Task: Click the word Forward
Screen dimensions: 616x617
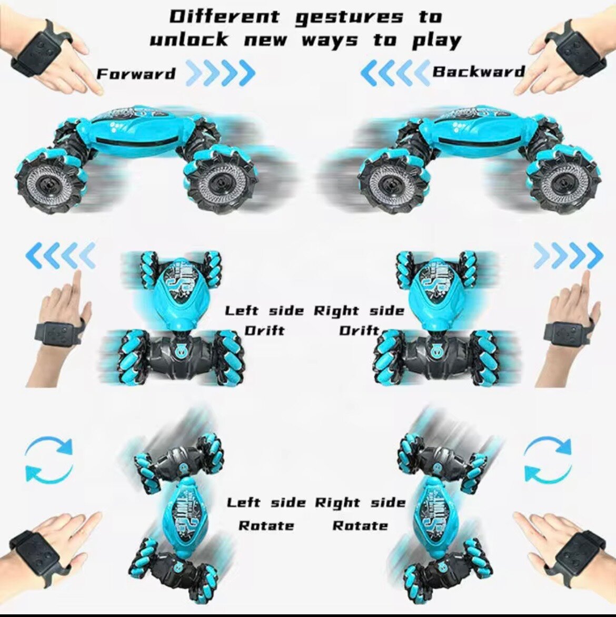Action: point(136,74)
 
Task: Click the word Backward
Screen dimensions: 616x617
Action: point(479,71)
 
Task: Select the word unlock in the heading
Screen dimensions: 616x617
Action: point(189,40)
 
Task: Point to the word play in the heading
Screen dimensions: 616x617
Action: point(437,41)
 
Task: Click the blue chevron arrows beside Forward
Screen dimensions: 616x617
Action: point(221,73)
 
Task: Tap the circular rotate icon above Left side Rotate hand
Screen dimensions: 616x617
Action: point(49,459)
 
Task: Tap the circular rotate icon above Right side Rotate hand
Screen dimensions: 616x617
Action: point(548,459)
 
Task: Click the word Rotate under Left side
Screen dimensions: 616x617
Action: point(266,525)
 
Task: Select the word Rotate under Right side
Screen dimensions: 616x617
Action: point(360,525)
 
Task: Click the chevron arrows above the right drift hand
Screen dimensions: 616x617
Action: point(568,256)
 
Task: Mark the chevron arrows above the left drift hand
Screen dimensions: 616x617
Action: point(61,256)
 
